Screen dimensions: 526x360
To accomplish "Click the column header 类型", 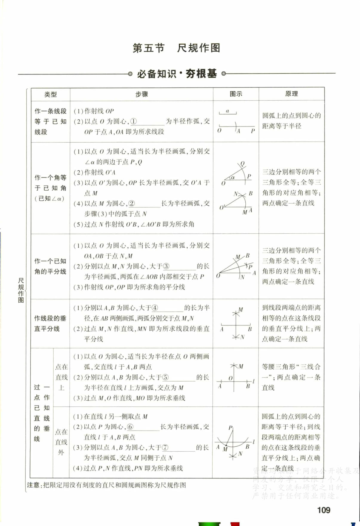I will [50, 94].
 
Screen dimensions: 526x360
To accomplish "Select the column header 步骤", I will [141, 94].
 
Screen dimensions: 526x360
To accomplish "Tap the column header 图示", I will [236, 94].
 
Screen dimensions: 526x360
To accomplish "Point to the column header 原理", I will [291, 94].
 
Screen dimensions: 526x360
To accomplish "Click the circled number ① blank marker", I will [133, 121].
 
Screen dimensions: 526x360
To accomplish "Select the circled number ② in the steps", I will [131, 203].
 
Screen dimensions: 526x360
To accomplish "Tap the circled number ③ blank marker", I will [166, 266].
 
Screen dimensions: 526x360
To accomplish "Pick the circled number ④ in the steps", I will [155, 308].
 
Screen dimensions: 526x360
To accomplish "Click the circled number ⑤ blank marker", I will [165, 377].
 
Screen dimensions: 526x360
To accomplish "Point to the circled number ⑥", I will [130, 427].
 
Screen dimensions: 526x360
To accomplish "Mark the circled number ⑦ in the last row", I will [165, 447].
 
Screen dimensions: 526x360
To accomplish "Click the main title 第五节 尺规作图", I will [176, 48].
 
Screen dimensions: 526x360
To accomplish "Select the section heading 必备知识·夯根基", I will [177, 74].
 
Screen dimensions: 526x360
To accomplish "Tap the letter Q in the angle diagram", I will [242, 163].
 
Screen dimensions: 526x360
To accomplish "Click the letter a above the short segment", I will [227, 111].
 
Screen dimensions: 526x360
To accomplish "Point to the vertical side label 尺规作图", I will [21, 290].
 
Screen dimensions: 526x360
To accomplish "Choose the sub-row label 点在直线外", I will [61, 442].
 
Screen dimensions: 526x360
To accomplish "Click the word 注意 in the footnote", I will [33, 485].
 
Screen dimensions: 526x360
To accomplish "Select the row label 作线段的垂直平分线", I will [50, 323].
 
